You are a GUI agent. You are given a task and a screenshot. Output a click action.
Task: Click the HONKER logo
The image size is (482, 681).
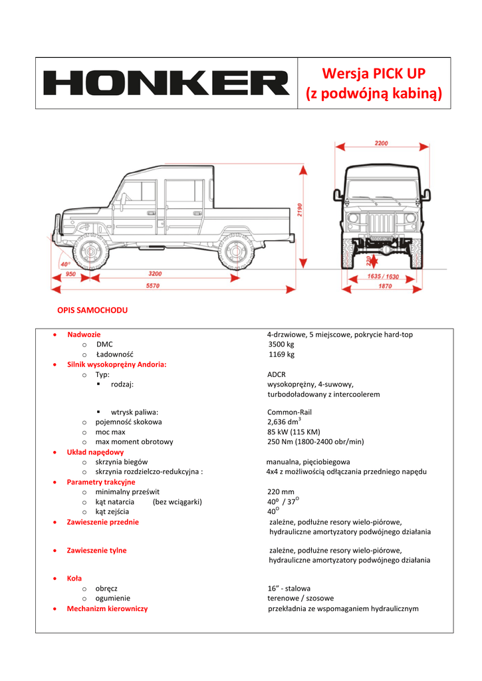click(166, 84)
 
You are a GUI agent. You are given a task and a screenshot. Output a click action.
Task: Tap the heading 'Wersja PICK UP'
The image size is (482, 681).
click(374, 73)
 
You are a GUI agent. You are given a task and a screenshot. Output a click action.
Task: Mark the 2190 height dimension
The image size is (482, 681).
click(300, 212)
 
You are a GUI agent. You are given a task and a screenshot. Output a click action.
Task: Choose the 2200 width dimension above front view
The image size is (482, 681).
click(381, 143)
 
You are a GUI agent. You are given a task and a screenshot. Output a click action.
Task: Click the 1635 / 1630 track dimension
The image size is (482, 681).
click(383, 276)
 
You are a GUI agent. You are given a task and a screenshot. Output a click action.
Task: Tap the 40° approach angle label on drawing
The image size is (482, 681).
click(65, 264)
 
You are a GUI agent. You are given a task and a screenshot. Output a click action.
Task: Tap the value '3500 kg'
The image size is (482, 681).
click(281, 344)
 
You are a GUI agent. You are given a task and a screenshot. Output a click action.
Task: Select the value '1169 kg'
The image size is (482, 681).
click(281, 354)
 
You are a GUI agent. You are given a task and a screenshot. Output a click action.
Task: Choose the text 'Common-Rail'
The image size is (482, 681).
click(289, 412)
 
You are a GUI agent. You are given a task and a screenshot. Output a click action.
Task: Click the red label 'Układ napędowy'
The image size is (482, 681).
click(95, 452)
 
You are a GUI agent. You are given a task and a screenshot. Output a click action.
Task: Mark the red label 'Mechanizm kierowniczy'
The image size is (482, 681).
click(107, 609)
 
